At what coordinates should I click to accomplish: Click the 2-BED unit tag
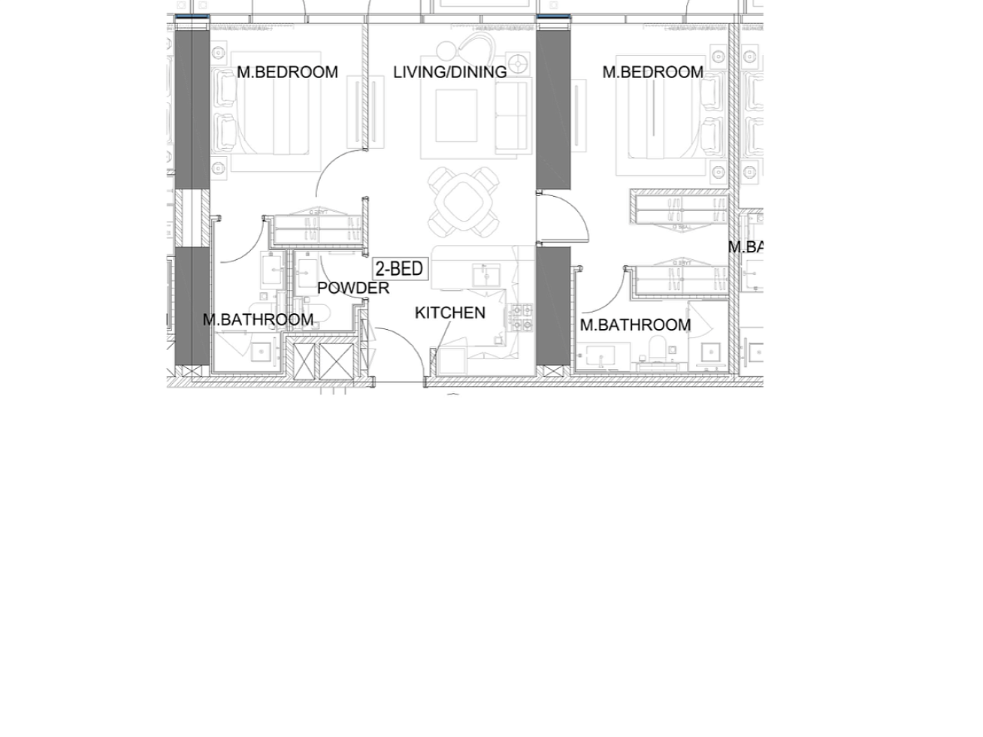click(400, 269)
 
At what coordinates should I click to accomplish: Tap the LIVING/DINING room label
click(449, 72)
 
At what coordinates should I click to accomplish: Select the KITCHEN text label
click(449, 313)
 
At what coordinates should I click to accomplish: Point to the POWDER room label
click(352, 288)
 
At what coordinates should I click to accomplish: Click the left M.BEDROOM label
click(287, 72)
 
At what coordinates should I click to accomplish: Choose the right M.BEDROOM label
click(652, 72)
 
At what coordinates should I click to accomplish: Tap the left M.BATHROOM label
click(258, 319)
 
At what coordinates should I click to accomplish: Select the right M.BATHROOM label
click(635, 325)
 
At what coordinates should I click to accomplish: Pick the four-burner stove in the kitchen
click(522, 317)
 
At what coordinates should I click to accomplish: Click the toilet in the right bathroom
click(658, 347)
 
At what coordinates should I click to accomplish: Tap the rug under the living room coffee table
click(457, 116)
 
